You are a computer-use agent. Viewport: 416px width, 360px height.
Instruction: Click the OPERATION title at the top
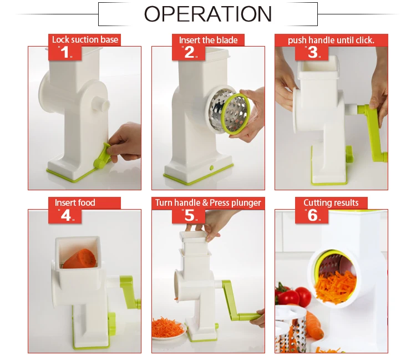(x=208, y=14)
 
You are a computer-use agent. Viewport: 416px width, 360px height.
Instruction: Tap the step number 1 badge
(x=66, y=53)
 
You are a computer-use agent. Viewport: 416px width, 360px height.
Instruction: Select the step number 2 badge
(x=190, y=53)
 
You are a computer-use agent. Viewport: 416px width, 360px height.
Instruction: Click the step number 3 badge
(x=313, y=53)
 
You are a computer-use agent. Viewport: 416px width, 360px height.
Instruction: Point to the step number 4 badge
(x=66, y=215)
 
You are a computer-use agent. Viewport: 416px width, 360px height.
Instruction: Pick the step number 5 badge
(x=190, y=215)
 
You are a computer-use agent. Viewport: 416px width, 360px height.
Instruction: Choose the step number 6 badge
(x=313, y=215)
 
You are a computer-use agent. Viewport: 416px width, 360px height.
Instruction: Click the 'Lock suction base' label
(x=85, y=40)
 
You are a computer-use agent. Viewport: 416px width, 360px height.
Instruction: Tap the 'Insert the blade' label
(x=208, y=40)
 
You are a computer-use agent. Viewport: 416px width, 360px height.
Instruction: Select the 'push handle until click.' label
(x=331, y=40)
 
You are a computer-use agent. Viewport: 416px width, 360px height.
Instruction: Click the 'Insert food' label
(x=75, y=202)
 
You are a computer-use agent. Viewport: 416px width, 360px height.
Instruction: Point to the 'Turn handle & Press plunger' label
(x=208, y=202)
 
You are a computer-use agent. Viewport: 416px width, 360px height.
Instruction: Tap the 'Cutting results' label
(x=331, y=202)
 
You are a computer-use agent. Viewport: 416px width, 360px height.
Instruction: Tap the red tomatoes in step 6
(x=294, y=296)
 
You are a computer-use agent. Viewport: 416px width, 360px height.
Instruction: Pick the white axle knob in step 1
(x=100, y=104)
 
